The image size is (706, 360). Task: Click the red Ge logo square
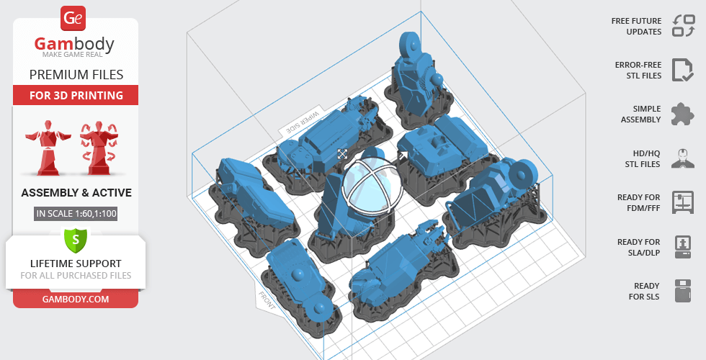73,18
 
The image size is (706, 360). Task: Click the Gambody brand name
74,44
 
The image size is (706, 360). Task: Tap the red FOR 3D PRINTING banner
76,95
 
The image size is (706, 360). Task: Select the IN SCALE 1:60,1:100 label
76,213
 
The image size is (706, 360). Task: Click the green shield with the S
76,240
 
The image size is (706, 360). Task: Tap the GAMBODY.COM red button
76,300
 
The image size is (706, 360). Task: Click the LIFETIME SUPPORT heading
76,264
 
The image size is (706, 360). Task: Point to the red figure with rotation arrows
99,148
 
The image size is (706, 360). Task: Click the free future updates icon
684,26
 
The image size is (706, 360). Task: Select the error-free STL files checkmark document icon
683,70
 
